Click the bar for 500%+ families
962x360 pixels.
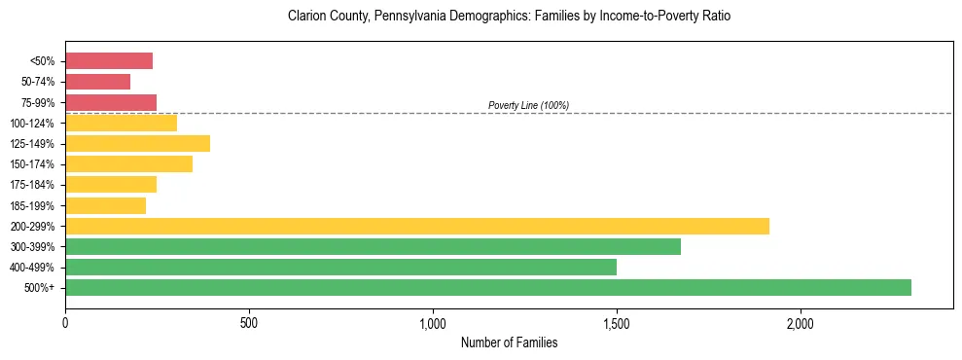(x=488, y=287)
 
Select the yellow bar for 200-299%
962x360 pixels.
(x=417, y=226)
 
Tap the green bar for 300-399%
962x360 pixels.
(x=373, y=246)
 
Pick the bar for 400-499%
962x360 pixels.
(x=340, y=267)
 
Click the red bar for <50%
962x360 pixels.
(x=109, y=61)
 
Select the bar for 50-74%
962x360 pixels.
(x=97, y=82)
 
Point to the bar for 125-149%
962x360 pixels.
(x=137, y=144)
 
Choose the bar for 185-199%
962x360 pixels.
(x=105, y=205)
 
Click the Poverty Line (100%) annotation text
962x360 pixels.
(x=528, y=105)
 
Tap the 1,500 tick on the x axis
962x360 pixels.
(x=617, y=322)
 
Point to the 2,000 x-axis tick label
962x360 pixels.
(x=801, y=322)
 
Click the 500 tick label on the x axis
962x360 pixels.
(x=249, y=322)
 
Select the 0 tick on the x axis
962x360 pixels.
(x=65, y=322)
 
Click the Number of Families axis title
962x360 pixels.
(x=509, y=342)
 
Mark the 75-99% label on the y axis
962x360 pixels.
(x=37, y=103)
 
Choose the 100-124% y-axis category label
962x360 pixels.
(x=33, y=124)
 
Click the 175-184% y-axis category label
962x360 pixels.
(x=33, y=185)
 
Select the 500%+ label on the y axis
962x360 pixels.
(x=39, y=288)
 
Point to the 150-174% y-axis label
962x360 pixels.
(x=33, y=164)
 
